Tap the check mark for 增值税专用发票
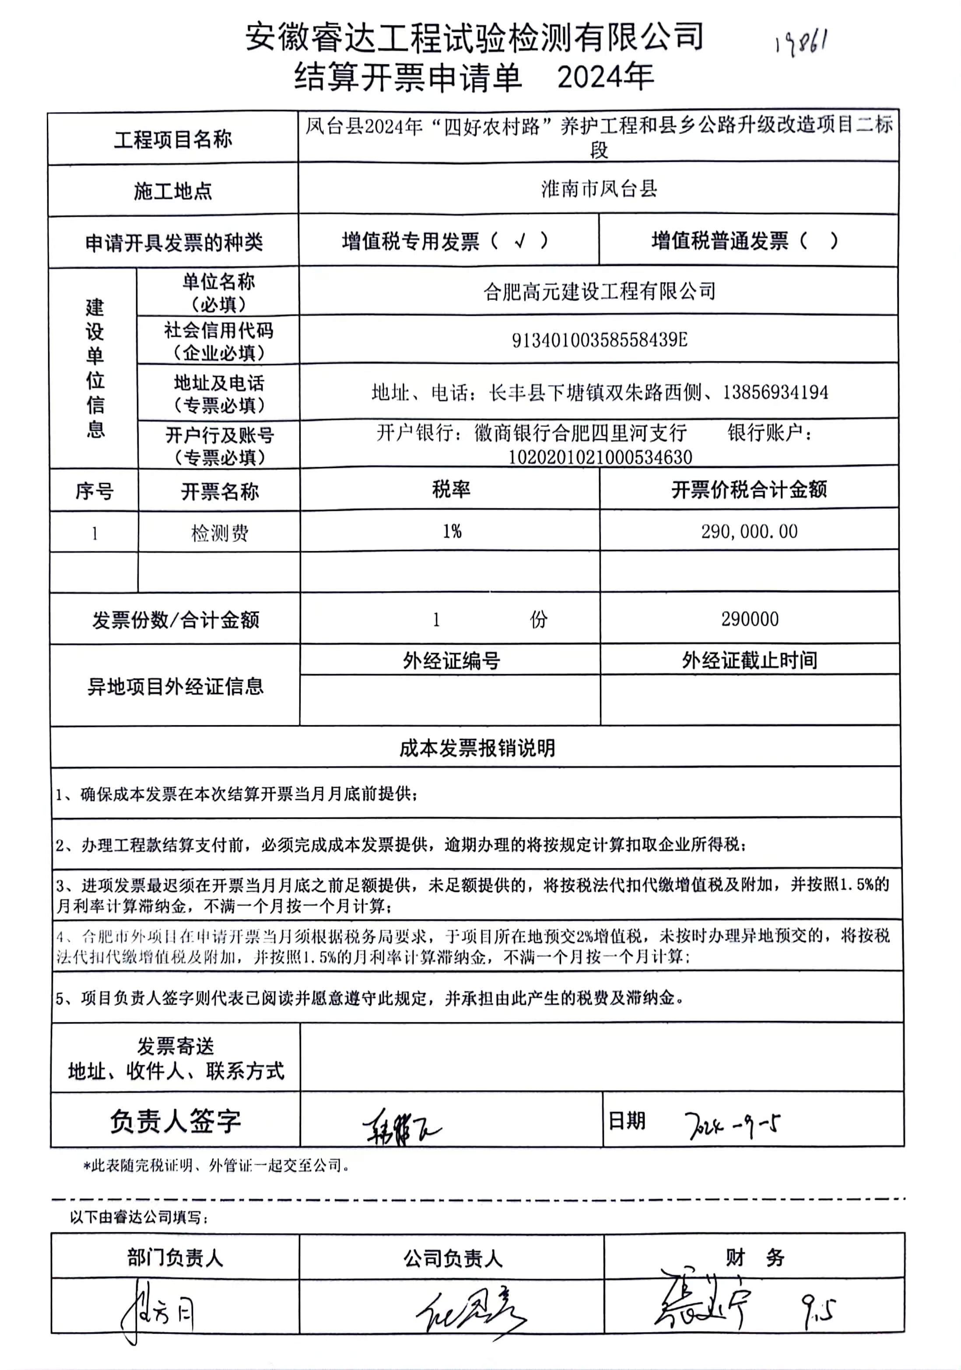pos(520,241)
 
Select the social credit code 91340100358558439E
pos(599,340)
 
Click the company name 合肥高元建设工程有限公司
pos(599,291)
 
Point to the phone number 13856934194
pos(775,393)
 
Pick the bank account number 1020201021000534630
pos(600,458)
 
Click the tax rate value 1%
pos(452,531)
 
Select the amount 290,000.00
pos(749,531)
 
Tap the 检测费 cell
pos(220,533)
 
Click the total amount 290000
pos(750,619)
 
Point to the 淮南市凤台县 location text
pos(599,189)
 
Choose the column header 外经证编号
pos(451,661)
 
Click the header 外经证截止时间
pos(750,661)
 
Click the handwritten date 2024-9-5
pos(733,1125)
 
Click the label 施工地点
pos(173,192)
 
